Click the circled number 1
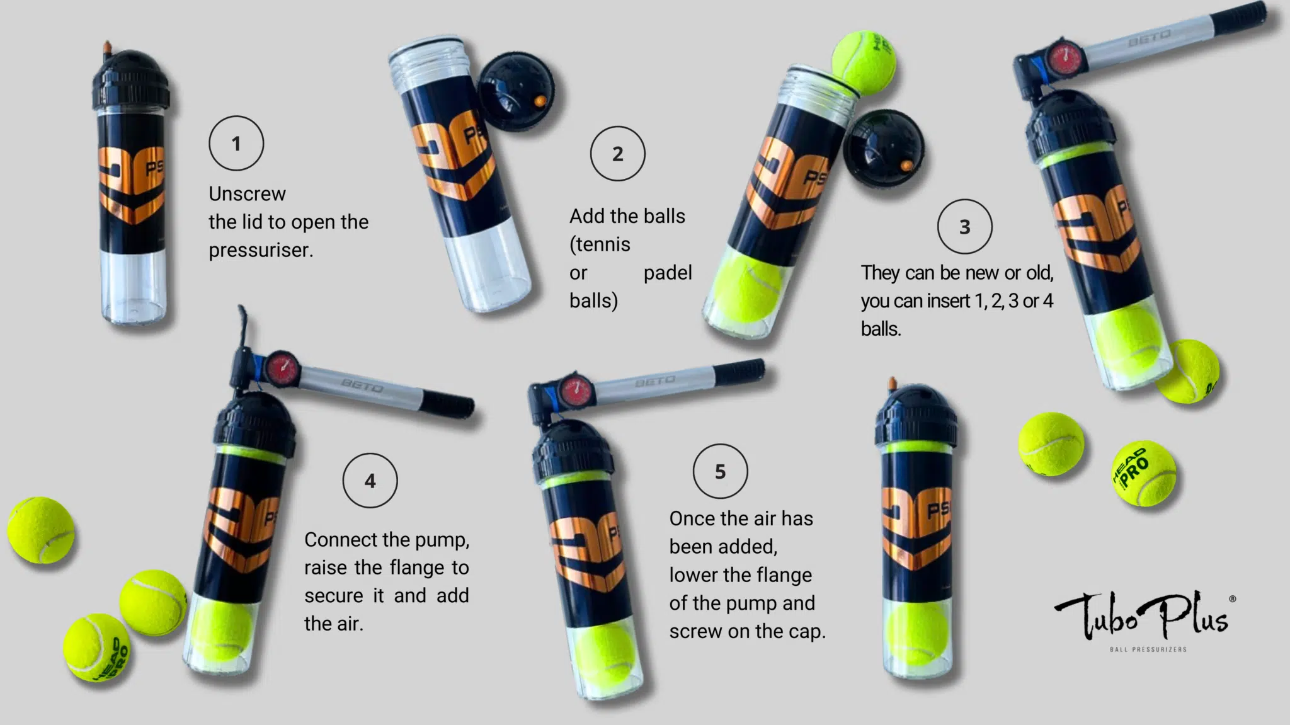coord(236,143)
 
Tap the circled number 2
coord(617,154)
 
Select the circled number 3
coord(964,227)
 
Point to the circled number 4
coord(370,481)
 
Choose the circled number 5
coord(720,471)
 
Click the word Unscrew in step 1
coord(247,194)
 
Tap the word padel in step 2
coord(668,273)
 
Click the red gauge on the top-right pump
coord(1065,59)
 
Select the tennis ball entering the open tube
coord(864,62)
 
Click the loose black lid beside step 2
coord(515,90)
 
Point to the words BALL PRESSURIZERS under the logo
coord(1148,649)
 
